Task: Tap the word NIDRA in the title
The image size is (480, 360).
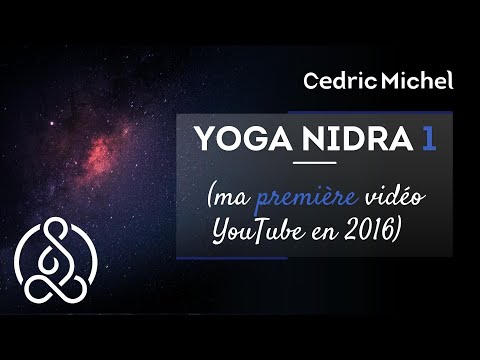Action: click(362, 137)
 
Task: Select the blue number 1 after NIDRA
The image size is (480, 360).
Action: click(428, 137)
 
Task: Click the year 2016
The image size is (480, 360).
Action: click(367, 232)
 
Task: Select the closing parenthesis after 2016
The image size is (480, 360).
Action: click(398, 233)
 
